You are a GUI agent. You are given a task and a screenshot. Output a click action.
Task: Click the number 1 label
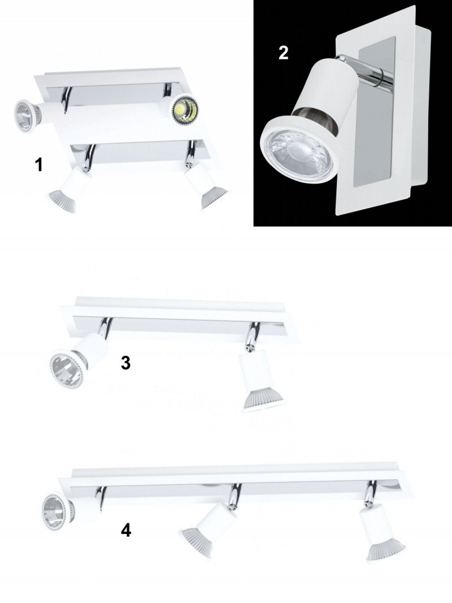(x=38, y=165)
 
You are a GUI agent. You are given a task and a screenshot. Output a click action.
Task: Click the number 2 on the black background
(x=283, y=53)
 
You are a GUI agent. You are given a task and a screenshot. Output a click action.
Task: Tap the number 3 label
(x=125, y=363)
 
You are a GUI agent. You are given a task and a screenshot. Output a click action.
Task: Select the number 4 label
(x=125, y=531)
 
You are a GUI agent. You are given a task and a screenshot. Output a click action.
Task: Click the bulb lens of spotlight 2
(x=296, y=154)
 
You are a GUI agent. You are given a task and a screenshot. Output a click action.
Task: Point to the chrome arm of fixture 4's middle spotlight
(x=233, y=494)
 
